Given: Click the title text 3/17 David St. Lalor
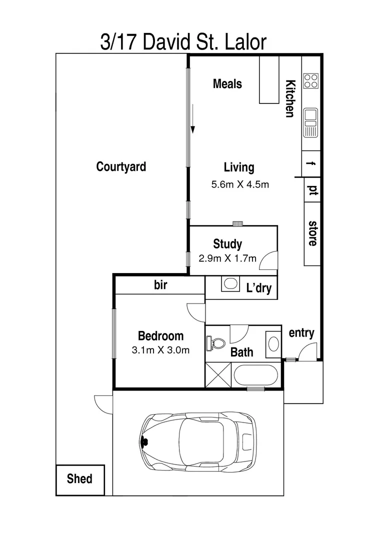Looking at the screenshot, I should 183,42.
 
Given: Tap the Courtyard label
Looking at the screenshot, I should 121,166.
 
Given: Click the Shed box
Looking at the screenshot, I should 80,479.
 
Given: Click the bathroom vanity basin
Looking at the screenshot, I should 273,344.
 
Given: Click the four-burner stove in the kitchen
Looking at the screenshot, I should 310,80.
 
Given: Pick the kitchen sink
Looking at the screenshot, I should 310,122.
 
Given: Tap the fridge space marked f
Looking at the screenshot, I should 312,163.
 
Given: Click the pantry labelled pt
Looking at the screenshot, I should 312,190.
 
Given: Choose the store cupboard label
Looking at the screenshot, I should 312,233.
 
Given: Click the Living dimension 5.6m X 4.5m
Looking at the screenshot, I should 240,184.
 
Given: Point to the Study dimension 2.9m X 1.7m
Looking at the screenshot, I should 227,258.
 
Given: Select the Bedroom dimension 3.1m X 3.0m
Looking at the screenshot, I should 160,350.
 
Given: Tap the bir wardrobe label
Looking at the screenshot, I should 160,285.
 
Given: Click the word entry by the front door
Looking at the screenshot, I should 301,332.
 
